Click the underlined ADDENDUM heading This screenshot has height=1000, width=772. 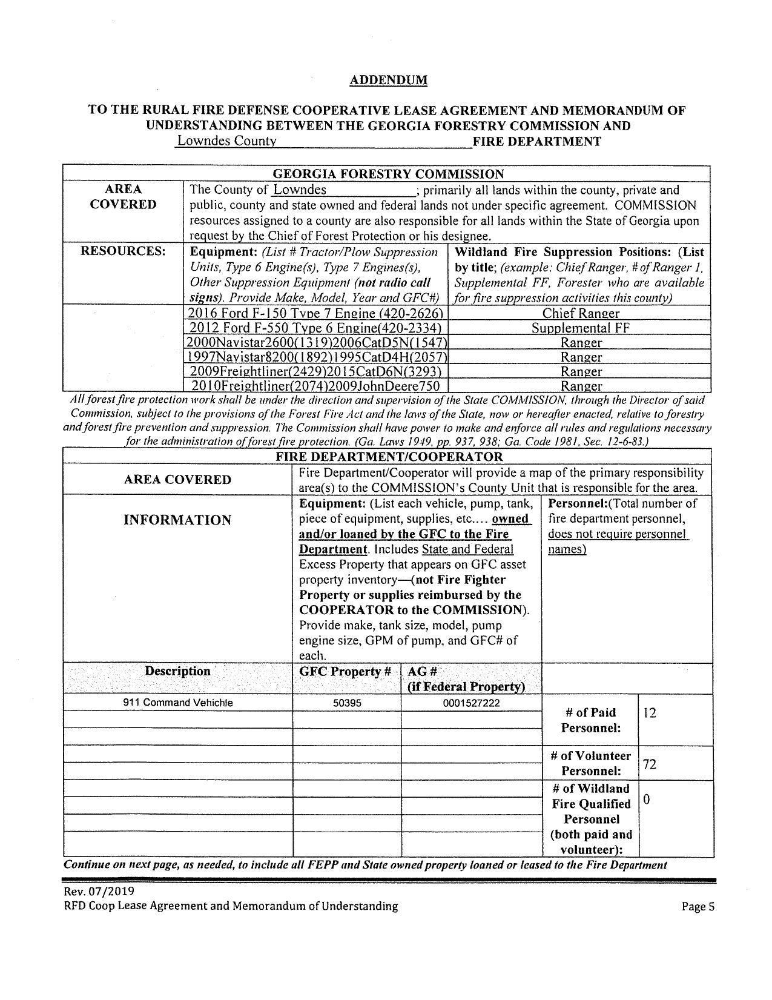pyautogui.click(x=388, y=80)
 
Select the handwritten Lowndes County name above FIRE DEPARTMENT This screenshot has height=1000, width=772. pyautogui.click(x=226, y=141)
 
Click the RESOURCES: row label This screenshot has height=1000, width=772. pyautogui.click(x=123, y=251)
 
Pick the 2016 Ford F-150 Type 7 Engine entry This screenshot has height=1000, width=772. pyautogui.click(x=316, y=313)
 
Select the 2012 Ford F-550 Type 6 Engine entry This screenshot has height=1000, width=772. pyautogui.click(x=316, y=328)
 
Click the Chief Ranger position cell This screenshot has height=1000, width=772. pyautogui.click(x=580, y=313)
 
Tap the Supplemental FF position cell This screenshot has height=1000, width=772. pyautogui.click(x=580, y=328)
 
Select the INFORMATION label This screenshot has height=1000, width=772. pyautogui.click(x=177, y=520)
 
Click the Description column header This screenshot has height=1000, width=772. pyautogui.click(x=177, y=671)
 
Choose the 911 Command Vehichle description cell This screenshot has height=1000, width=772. pyautogui.click(x=177, y=703)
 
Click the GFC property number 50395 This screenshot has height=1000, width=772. pyautogui.click(x=347, y=703)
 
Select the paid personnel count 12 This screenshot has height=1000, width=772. pyautogui.click(x=650, y=713)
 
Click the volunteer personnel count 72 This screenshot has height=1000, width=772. pyautogui.click(x=650, y=764)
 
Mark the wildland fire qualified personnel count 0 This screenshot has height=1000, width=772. pyautogui.click(x=647, y=800)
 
